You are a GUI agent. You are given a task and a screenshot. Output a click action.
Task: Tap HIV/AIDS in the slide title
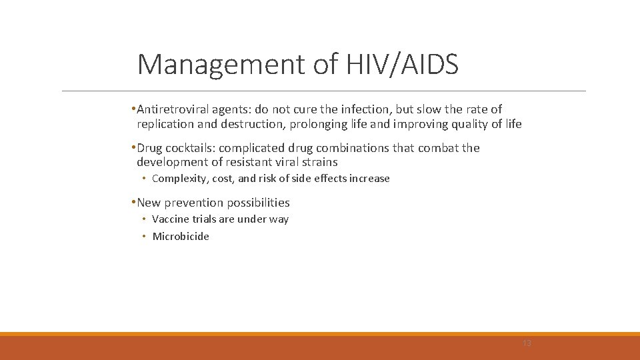point(402,65)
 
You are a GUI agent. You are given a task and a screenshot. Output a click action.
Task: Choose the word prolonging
point(317,124)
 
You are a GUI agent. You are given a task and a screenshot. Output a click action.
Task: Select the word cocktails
point(189,148)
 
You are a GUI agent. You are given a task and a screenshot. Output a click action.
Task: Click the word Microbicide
point(181,237)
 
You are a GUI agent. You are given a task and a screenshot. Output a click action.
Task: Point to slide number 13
point(527,343)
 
